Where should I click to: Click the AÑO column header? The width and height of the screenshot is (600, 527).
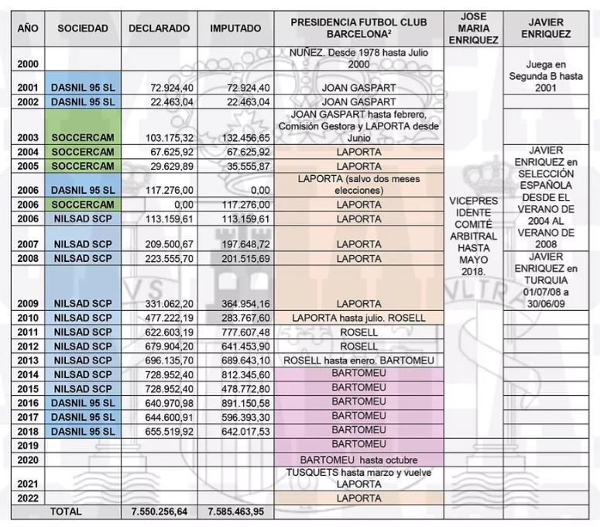click(x=28, y=28)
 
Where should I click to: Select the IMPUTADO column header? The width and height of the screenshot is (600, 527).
click(x=235, y=28)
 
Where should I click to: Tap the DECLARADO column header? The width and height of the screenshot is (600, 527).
click(x=159, y=28)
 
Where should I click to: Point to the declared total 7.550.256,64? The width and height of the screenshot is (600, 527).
click(x=159, y=511)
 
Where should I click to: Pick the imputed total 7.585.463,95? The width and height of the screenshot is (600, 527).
click(x=236, y=511)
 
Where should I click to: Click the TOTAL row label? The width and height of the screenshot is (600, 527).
click(x=66, y=511)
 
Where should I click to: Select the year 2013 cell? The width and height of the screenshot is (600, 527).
click(x=28, y=360)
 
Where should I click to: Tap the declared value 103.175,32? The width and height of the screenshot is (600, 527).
click(x=166, y=138)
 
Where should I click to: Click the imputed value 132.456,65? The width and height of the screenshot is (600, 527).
click(x=242, y=138)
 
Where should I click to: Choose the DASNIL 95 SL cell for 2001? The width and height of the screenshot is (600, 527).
click(x=83, y=88)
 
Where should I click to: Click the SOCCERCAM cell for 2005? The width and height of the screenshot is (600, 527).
click(x=83, y=165)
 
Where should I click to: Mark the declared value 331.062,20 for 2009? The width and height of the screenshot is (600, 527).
click(x=166, y=304)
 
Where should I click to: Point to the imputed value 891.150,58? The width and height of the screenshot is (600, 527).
click(x=242, y=403)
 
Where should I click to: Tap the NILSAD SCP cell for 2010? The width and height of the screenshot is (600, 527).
click(x=83, y=318)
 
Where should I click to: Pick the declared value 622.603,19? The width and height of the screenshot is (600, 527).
click(x=166, y=332)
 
